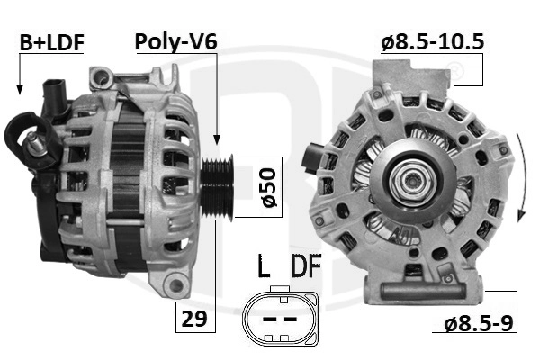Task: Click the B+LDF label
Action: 52,42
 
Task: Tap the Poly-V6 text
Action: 176,42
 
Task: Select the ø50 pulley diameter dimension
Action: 269,187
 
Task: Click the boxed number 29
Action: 195,319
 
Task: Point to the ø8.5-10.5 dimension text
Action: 433,42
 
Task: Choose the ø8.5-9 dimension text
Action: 479,323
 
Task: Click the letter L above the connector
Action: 264,265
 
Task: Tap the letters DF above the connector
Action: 306,265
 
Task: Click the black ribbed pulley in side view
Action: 217,187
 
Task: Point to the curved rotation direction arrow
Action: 524,175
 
